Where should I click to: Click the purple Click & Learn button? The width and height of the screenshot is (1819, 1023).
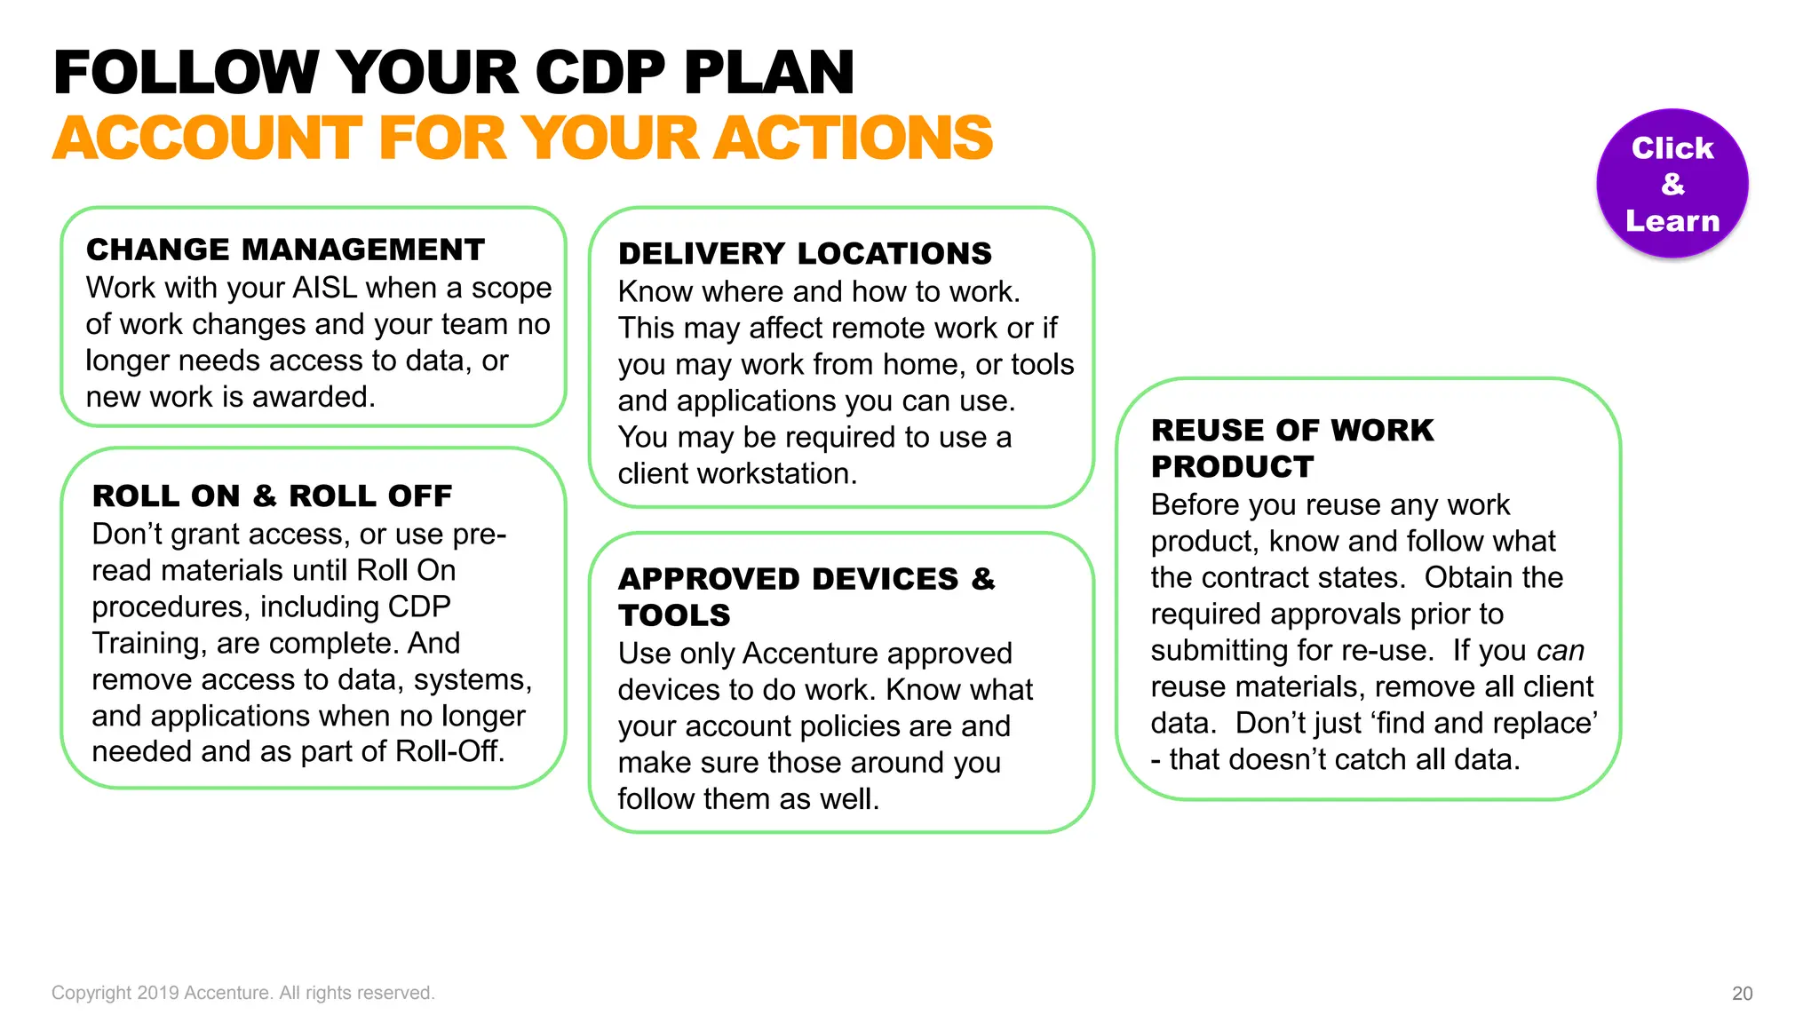[x=1672, y=184]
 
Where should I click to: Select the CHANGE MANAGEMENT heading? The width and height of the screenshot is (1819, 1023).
[x=285, y=250]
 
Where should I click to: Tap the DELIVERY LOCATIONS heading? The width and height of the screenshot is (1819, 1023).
[x=805, y=254]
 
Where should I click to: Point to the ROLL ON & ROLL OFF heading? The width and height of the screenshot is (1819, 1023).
[x=272, y=496]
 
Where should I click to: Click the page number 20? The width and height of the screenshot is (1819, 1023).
[x=1742, y=994]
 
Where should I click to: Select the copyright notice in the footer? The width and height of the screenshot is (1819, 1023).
[x=242, y=993]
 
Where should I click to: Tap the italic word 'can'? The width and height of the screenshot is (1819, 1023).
[x=1561, y=651]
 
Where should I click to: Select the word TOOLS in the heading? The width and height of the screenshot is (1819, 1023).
[x=674, y=615]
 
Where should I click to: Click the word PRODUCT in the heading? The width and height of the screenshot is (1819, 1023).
[x=1232, y=467]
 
